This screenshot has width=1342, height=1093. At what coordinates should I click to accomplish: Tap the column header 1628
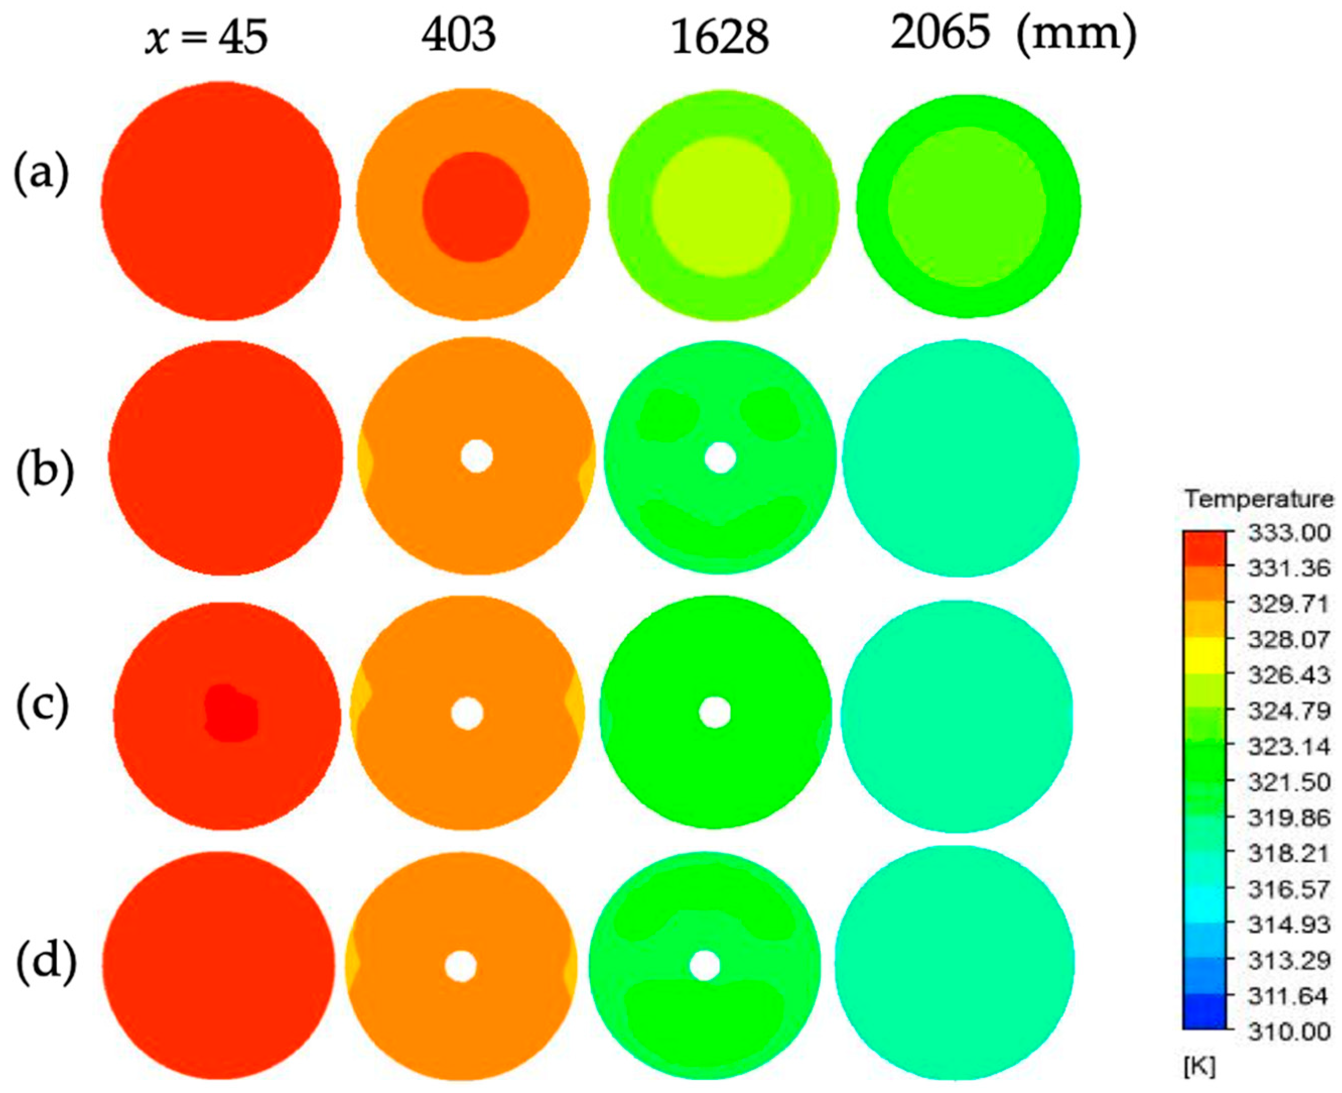coord(719,38)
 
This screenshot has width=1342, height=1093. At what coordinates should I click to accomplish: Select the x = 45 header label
coord(207,39)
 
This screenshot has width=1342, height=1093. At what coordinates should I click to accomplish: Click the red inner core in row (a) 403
coord(475,207)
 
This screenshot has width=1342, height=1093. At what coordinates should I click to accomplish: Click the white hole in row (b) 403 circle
coord(476,457)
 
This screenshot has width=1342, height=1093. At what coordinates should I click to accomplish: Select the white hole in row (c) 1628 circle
coord(714,712)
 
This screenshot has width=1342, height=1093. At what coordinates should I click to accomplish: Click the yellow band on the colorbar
coord(1204,656)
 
